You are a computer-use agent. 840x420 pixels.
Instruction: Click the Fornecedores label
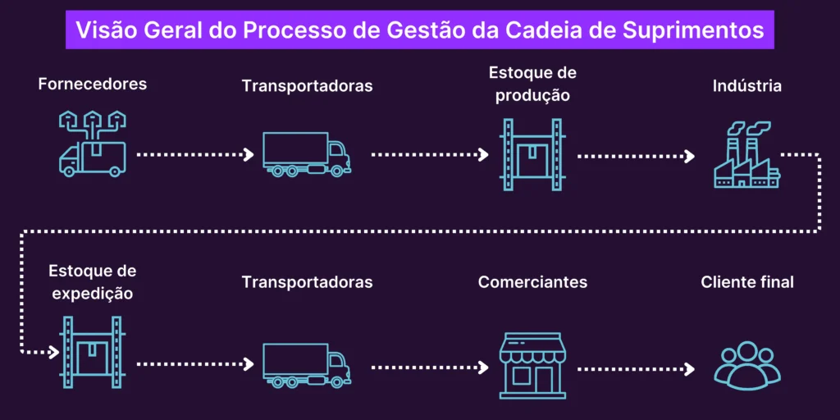(92, 84)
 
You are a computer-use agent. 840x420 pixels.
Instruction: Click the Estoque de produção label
(532, 84)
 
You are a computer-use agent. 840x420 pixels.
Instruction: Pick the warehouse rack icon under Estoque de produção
(532, 154)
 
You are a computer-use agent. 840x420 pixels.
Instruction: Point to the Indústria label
(746, 86)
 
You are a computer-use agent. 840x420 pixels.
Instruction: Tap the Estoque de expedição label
(92, 281)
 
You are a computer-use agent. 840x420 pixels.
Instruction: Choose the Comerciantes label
(532, 282)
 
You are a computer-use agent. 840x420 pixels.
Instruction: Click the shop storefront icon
(532, 365)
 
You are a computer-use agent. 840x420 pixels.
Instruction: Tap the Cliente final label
(746, 282)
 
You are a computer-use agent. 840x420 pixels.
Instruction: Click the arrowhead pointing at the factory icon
(692, 154)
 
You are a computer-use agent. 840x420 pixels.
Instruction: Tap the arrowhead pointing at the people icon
(692, 368)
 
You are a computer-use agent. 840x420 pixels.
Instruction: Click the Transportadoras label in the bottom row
(307, 282)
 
